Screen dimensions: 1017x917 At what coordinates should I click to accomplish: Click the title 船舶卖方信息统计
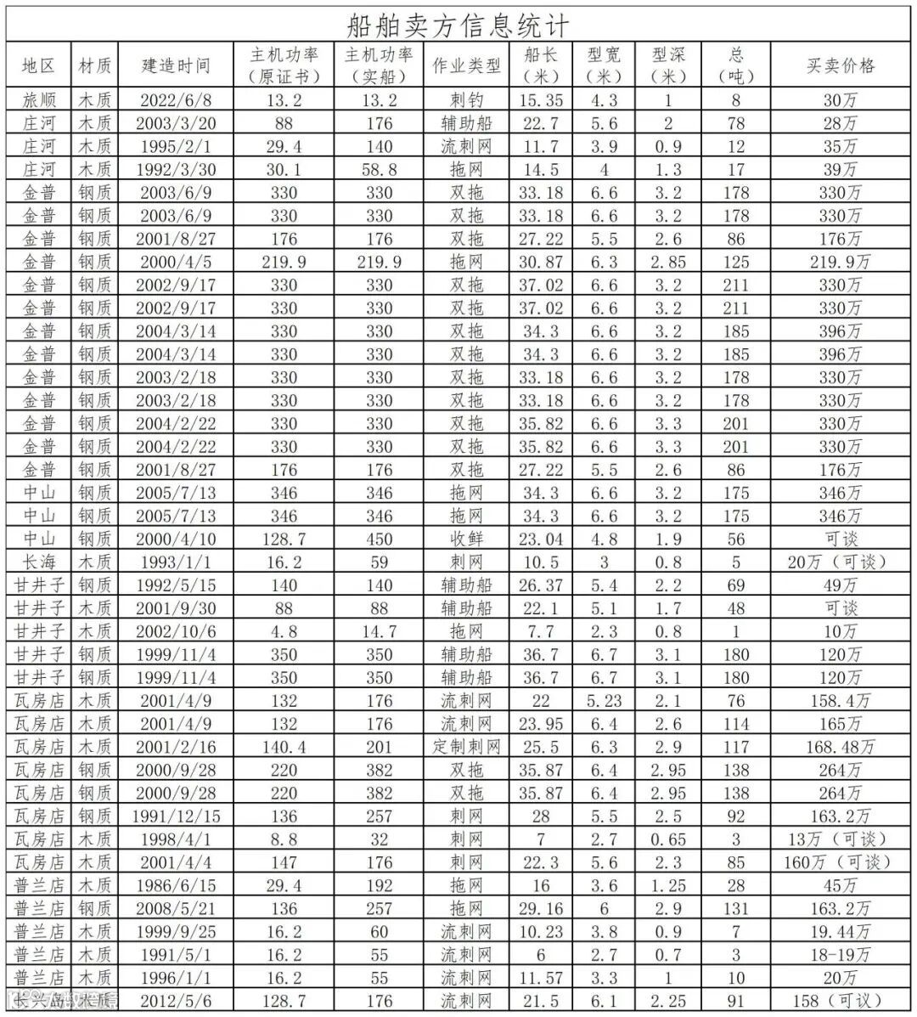[458, 24]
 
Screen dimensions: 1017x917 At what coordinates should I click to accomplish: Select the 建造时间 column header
[176, 65]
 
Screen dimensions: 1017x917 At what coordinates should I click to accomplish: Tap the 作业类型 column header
[466, 65]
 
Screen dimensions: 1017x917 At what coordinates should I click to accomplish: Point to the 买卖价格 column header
[840, 65]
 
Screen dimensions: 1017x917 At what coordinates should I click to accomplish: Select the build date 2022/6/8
[176, 100]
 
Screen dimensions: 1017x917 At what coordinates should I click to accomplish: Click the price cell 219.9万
[840, 262]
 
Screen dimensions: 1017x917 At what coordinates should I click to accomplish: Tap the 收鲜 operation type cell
[466, 539]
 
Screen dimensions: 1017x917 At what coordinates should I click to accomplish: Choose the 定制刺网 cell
[466, 747]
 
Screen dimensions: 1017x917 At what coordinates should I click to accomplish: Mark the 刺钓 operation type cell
[466, 100]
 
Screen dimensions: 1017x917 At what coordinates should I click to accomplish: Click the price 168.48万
[840, 747]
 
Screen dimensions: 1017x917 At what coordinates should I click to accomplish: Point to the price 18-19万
[840, 954]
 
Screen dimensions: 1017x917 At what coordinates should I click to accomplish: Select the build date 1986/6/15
[176, 885]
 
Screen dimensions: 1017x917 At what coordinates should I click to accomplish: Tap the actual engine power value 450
[379, 539]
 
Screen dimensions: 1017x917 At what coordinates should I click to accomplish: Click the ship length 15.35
[542, 100]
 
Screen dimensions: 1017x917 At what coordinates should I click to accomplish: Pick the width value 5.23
[604, 701]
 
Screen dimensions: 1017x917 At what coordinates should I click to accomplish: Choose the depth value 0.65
[668, 839]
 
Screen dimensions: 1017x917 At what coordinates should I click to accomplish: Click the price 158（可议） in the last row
[840, 1001]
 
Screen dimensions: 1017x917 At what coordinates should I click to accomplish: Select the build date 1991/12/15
[176, 816]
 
